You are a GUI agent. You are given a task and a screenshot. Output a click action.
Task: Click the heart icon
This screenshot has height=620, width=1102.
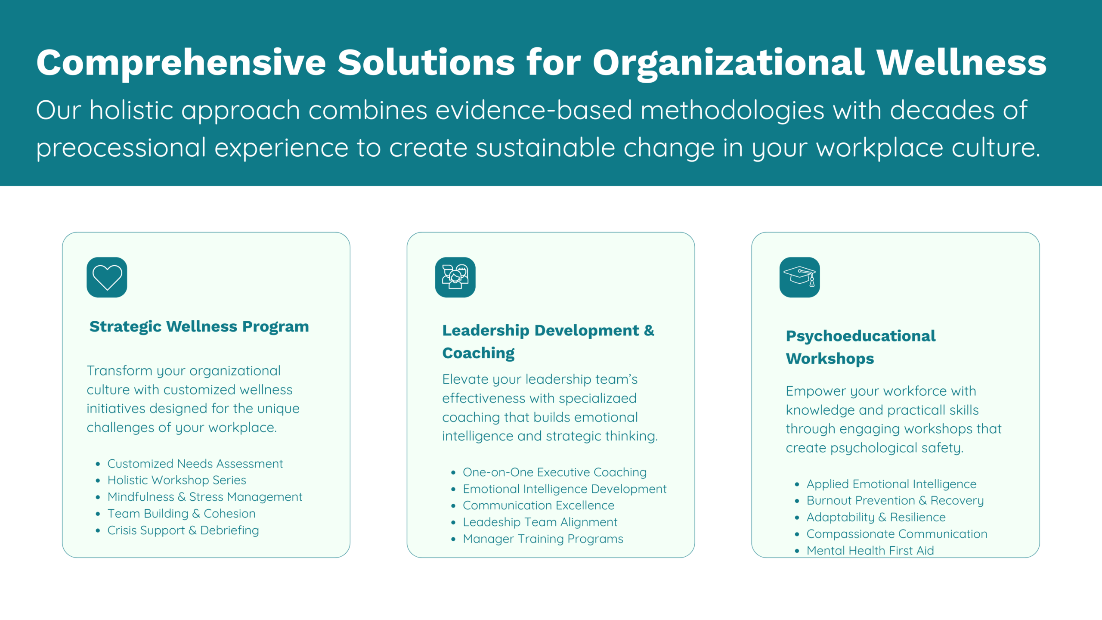[107, 277]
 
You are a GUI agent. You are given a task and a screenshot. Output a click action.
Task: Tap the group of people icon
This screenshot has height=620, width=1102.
[455, 277]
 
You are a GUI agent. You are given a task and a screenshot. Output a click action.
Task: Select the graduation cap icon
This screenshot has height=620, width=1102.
[799, 277]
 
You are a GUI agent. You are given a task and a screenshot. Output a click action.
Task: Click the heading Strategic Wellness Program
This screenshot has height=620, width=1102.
[199, 327]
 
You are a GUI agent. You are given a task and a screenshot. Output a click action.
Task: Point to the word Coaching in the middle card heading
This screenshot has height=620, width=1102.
[478, 353]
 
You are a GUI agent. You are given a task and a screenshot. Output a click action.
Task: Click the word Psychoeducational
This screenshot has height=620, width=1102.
[861, 336]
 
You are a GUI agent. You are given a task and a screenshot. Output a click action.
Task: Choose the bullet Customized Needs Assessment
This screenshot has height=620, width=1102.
[195, 464]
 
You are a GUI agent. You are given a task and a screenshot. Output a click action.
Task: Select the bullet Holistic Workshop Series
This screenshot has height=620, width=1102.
[176, 480]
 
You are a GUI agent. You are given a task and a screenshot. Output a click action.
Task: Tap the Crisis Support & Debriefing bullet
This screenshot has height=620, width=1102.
[183, 530]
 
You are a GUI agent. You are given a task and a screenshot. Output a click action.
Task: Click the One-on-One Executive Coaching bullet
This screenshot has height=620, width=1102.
[554, 472]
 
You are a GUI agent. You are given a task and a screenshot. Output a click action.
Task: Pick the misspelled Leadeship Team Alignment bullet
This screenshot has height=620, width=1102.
[540, 522]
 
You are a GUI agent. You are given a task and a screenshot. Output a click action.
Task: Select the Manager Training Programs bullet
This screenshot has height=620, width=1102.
[543, 539]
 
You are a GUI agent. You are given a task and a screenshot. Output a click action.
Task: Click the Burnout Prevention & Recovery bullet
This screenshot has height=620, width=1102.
[895, 501]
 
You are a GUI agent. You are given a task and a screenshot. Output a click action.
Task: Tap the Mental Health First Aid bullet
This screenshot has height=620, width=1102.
[870, 551]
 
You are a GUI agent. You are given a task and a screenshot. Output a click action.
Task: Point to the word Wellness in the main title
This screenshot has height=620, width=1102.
[962, 63]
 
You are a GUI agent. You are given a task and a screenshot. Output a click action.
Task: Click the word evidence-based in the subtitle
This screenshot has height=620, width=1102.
[534, 110]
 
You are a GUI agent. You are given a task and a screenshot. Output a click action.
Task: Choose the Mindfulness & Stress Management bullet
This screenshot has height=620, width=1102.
[204, 497]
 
